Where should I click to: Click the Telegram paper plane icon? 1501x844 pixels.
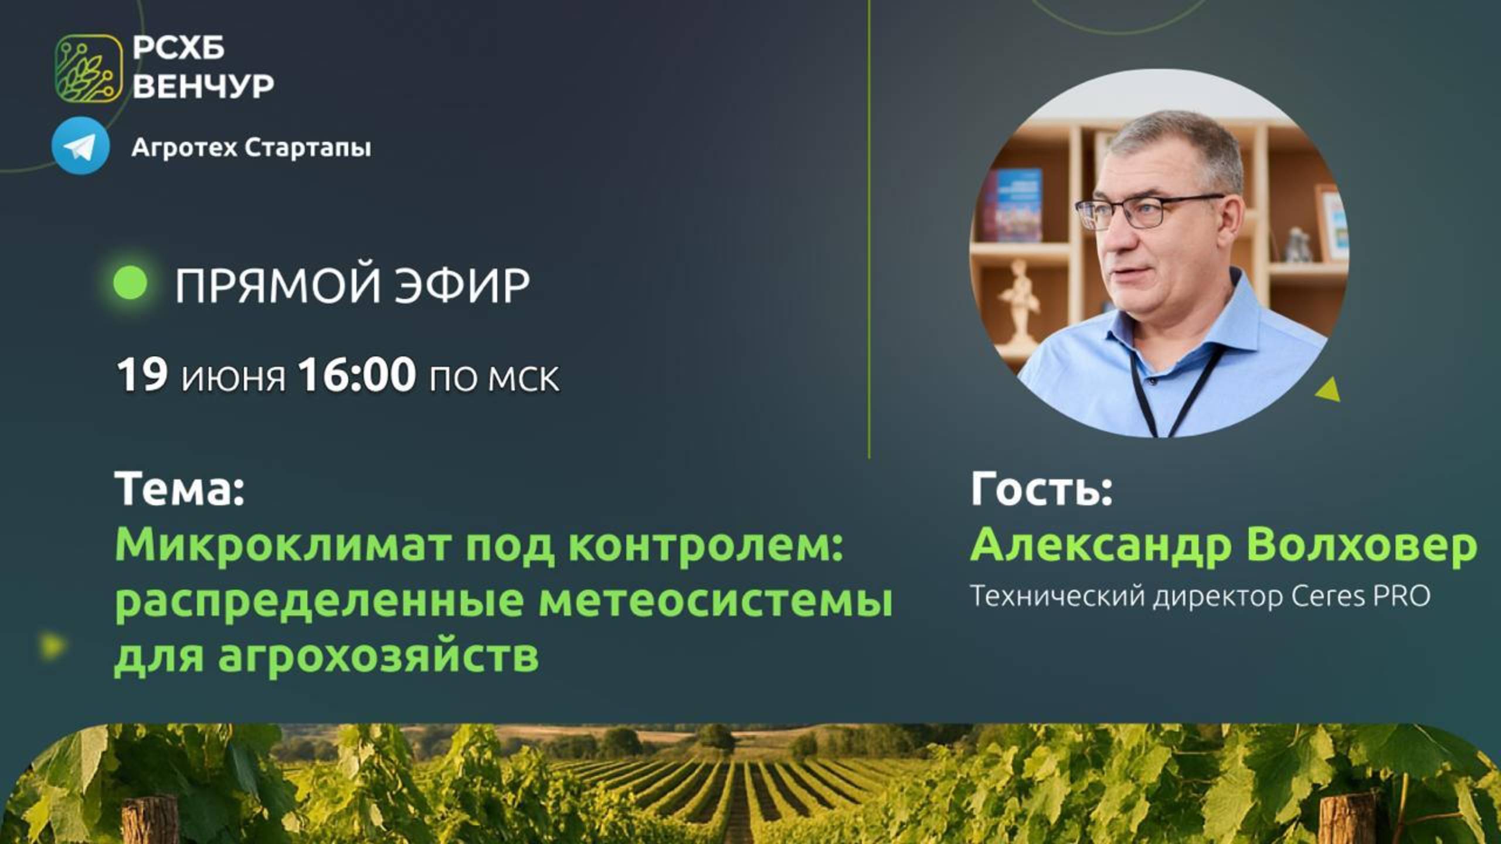point(80,146)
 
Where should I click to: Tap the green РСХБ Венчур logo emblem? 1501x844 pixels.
point(89,69)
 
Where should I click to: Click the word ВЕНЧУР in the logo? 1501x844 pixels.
point(203,87)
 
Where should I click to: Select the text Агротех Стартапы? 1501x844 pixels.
point(251,148)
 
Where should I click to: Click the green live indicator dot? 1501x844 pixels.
point(130,283)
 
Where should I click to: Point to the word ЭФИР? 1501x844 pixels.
point(462,285)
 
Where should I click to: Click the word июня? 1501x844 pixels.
point(233,377)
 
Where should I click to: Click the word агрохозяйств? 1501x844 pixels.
point(378,656)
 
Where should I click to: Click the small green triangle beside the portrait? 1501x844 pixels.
point(1329,390)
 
